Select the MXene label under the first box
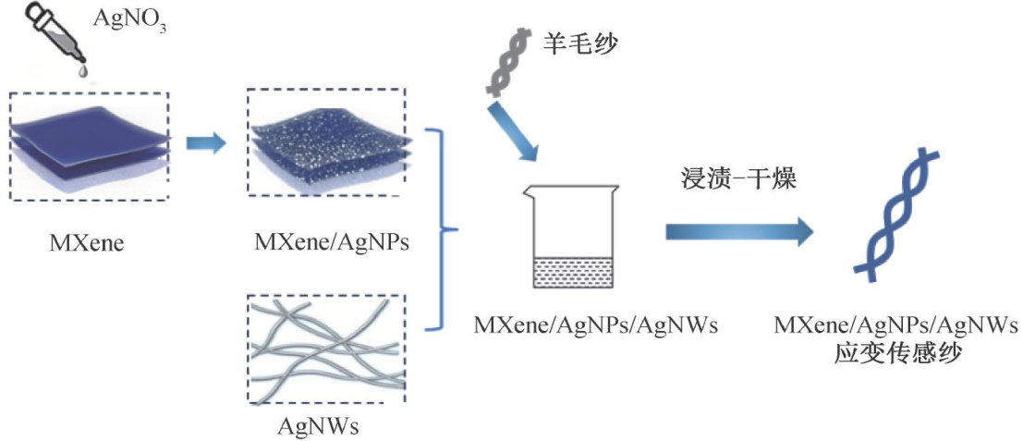click(88, 244)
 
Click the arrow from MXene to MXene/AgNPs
click(205, 144)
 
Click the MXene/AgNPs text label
click(331, 244)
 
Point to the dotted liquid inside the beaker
click(573, 273)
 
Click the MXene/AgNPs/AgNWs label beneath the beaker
click(578, 325)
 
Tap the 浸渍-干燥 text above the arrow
click(737, 181)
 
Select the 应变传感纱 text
click(896, 352)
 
